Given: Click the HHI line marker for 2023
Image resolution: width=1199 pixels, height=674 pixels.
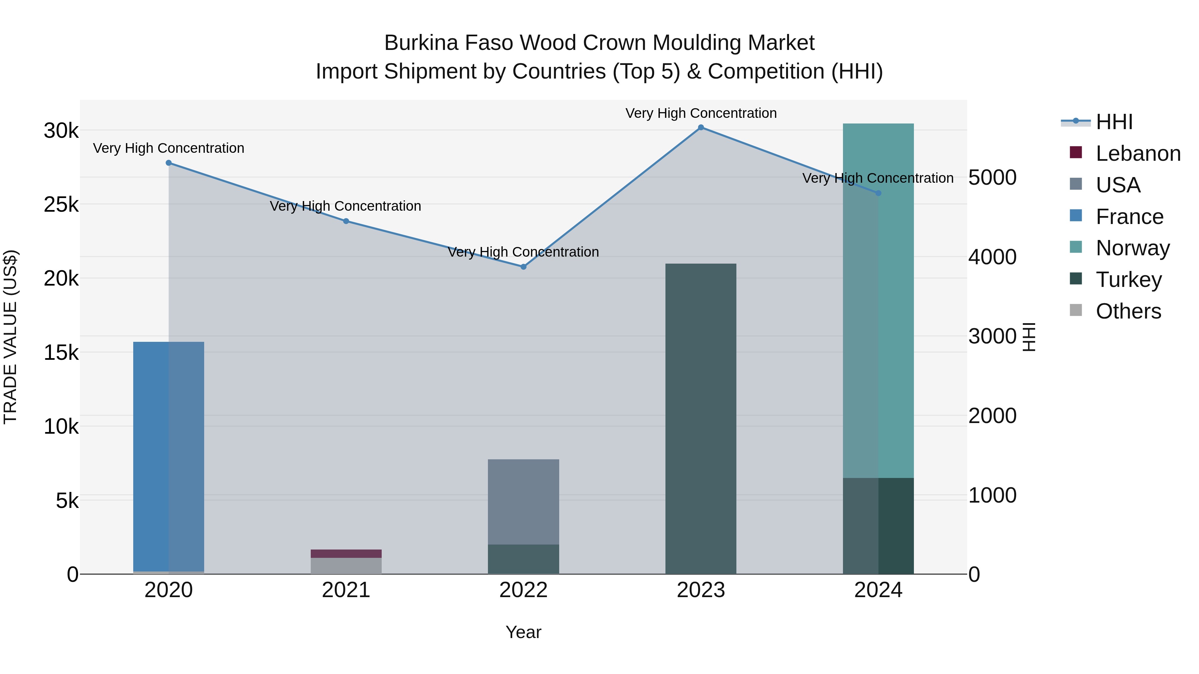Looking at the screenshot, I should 701,127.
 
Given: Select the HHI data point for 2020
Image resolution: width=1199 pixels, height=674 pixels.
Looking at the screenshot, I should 169,163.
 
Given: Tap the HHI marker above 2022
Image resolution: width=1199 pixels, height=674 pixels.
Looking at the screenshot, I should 523,267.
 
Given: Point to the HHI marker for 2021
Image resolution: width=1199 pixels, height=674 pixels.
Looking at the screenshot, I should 346,221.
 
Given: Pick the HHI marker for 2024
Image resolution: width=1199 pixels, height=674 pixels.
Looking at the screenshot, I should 878,193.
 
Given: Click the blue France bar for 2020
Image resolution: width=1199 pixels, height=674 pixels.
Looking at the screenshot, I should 169,456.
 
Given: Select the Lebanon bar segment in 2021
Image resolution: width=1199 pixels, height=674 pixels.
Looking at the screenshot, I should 346,554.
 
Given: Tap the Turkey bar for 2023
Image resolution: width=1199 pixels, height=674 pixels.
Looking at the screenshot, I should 701,419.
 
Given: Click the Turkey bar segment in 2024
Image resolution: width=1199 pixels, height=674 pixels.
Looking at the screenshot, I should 878,526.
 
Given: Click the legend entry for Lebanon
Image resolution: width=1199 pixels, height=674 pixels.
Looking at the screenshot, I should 1138,153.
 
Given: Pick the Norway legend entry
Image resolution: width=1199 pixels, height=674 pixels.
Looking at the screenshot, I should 1132,248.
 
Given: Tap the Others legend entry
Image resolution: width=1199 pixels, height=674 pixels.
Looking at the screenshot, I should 1128,311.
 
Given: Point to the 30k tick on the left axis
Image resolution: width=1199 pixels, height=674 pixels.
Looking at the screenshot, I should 61,131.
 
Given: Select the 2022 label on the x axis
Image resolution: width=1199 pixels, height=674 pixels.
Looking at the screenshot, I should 523,590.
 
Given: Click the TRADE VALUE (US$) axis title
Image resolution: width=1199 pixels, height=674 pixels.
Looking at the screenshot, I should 10,337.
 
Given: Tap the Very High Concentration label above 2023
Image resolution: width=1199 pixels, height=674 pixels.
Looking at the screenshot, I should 701,113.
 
